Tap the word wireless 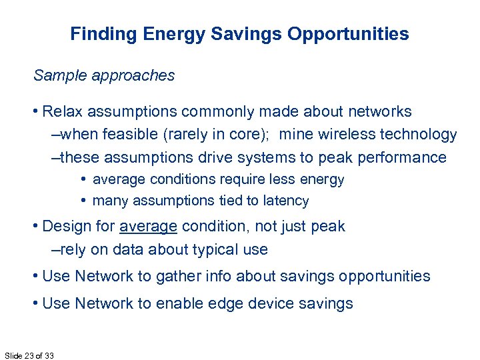point(349,134)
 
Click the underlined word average point(148,226)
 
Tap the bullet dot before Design point(36,226)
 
